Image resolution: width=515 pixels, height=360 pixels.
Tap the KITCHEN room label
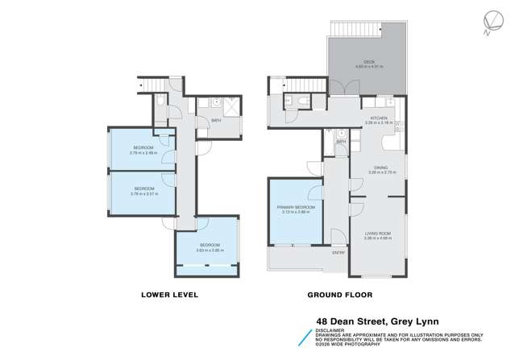pos(380,118)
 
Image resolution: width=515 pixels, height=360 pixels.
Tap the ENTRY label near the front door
pos(338,254)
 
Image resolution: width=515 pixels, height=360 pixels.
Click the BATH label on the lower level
pos(216,122)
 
